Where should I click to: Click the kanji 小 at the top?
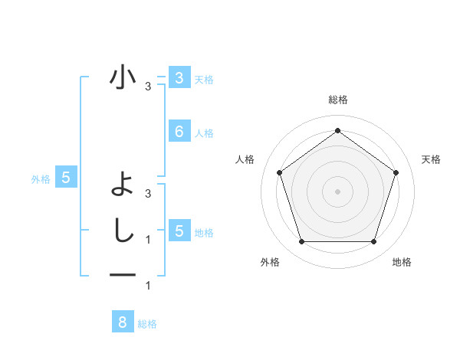click(122, 77)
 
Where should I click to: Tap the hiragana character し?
click(123, 230)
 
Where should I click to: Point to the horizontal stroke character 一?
click(123, 275)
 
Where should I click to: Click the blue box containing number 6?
click(179, 131)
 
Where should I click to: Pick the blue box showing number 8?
click(122, 322)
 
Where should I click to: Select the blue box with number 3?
click(179, 77)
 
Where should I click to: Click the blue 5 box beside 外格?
click(66, 178)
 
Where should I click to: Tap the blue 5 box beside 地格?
click(179, 231)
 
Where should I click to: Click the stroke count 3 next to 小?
click(148, 87)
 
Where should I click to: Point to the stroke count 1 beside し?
click(148, 240)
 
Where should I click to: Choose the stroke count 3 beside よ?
click(148, 194)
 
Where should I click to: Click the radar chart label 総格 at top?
click(337, 100)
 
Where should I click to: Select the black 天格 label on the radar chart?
click(431, 159)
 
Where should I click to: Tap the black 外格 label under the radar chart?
click(270, 262)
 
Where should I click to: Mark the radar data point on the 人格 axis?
click(279, 172)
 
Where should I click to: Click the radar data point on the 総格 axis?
click(337, 130)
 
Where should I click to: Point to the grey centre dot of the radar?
click(337, 191)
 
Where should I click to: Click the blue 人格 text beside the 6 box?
click(204, 133)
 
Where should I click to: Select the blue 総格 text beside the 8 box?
click(147, 324)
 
